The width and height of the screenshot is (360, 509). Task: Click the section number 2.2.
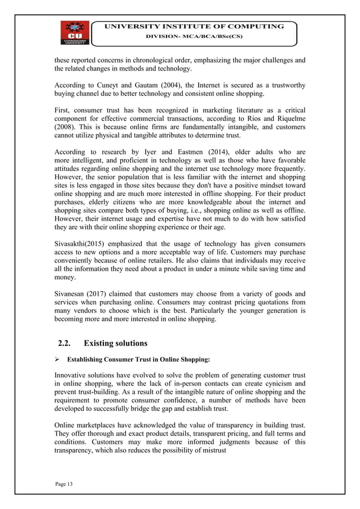tap(67, 343)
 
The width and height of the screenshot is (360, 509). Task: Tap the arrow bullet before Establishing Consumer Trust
tap(56, 359)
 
